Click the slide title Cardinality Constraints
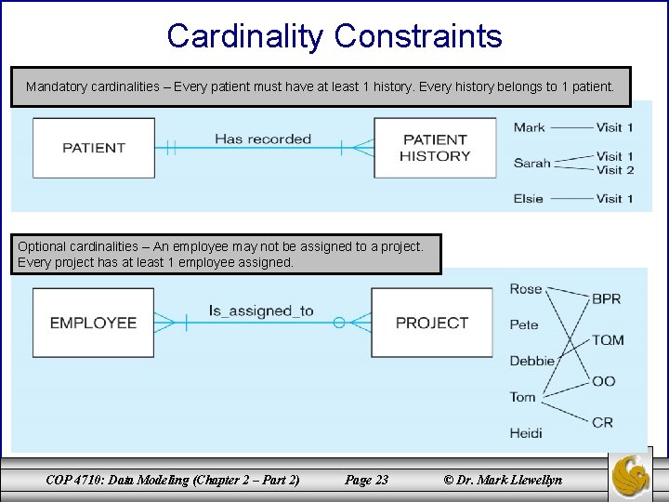[x=334, y=36]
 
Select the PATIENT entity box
[x=94, y=148]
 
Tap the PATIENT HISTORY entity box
[x=435, y=148]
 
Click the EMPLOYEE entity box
[x=93, y=323]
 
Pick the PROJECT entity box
[x=432, y=323]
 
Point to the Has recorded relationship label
[x=263, y=139]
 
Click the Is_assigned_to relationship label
[x=261, y=310]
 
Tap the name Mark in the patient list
[x=530, y=127]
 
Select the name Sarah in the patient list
[x=531, y=163]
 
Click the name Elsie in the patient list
[x=529, y=198]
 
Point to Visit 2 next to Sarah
[x=615, y=170]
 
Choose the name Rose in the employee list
[x=526, y=289]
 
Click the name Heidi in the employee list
[x=526, y=433]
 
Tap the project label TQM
[x=608, y=340]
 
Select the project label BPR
[x=607, y=299]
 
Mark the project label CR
[x=603, y=422]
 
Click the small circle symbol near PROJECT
[x=339, y=323]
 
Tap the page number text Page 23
[x=366, y=480]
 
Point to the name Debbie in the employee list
[x=532, y=361]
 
